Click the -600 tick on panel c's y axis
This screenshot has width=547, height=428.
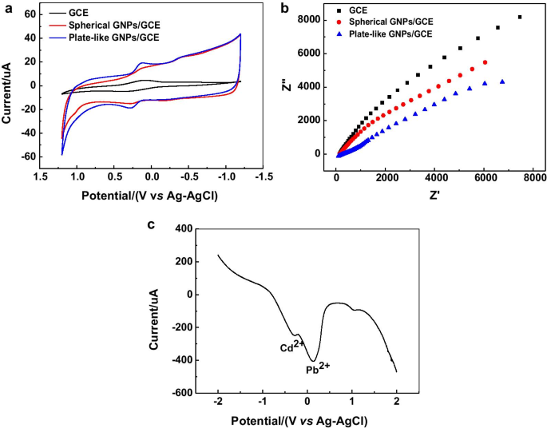[181, 394]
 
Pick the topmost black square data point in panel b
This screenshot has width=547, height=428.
[520, 17]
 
